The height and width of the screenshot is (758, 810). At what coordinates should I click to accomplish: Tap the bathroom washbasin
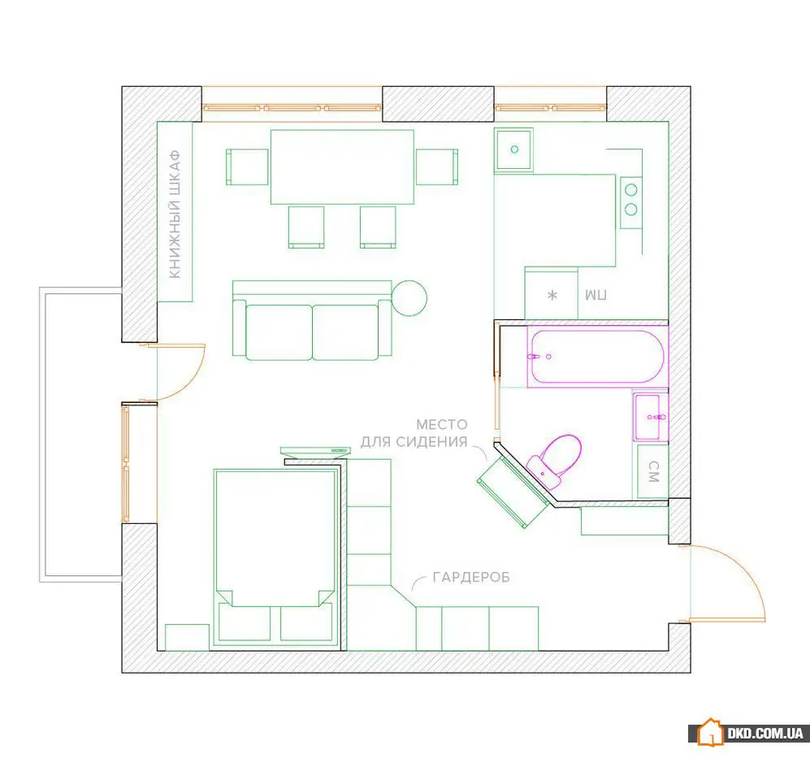[x=651, y=417]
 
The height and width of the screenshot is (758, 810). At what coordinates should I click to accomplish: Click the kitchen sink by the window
[x=513, y=149]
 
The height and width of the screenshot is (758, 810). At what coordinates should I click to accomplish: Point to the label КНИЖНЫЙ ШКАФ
[x=175, y=214]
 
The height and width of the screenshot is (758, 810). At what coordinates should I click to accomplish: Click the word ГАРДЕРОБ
[x=471, y=577]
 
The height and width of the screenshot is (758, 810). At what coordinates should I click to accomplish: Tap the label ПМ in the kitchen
[x=596, y=295]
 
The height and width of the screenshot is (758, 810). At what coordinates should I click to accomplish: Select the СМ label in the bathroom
[x=653, y=471]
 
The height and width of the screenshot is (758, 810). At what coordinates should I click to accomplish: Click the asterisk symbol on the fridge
[x=552, y=296]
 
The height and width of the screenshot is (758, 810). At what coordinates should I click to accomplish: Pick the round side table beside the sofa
[x=409, y=298]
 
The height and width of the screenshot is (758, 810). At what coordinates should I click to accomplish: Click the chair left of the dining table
[x=248, y=167]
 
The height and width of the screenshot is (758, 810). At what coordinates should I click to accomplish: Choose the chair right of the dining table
[x=437, y=167]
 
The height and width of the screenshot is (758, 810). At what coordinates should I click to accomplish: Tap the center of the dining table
[x=343, y=167]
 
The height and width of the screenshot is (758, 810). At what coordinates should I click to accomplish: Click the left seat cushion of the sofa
[x=279, y=332]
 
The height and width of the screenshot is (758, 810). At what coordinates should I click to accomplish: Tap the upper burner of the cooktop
[x=630, y=190]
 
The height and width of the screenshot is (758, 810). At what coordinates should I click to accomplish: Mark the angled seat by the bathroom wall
[x=513, y=491]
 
